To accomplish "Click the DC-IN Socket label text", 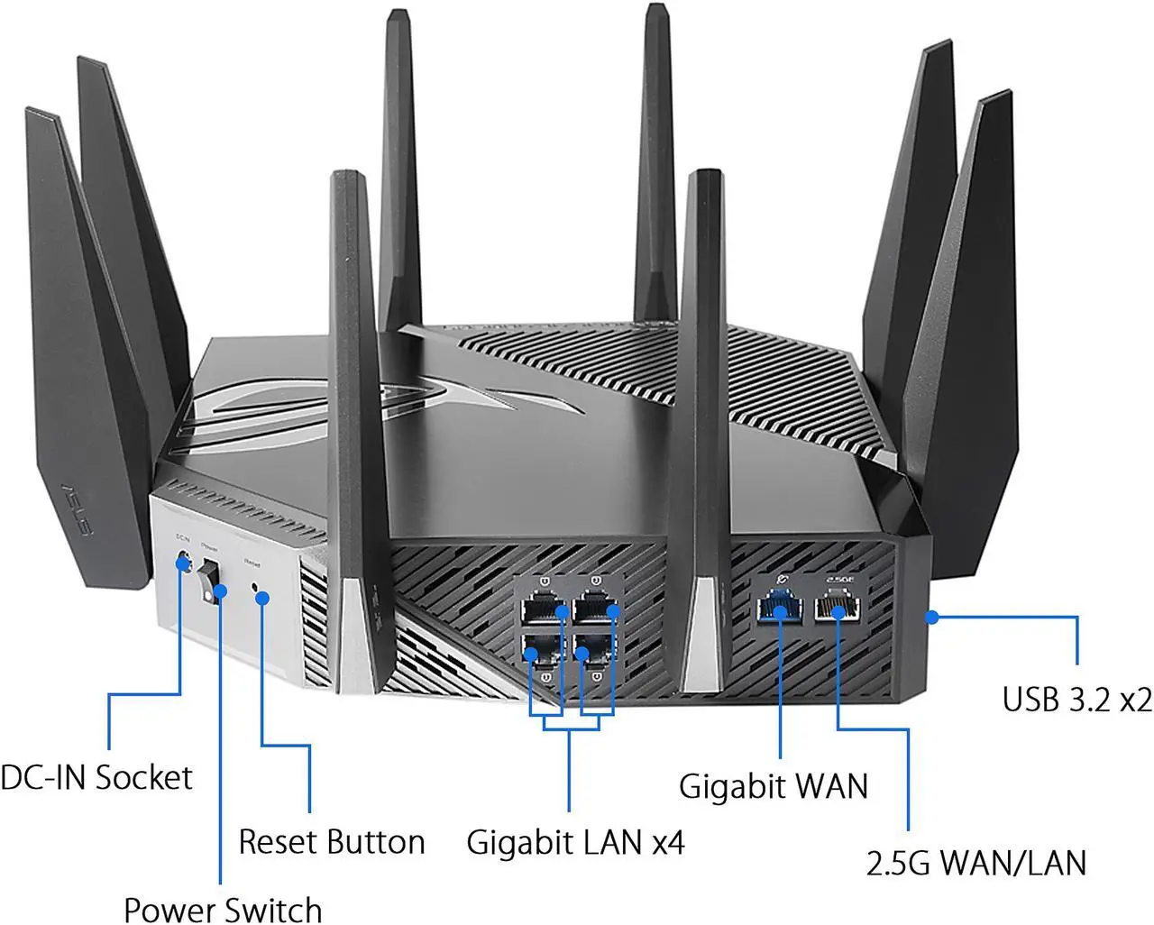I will click(96, 777).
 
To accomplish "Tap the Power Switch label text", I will click(222, 909).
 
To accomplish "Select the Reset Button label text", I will click(331, 841).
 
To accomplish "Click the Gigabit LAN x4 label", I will click(575, 842).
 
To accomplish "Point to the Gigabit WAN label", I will click(773, 785).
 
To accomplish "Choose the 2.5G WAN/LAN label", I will click(975, 863).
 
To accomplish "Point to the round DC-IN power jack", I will click(184, 563).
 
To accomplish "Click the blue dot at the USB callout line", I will click(932, 618).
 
